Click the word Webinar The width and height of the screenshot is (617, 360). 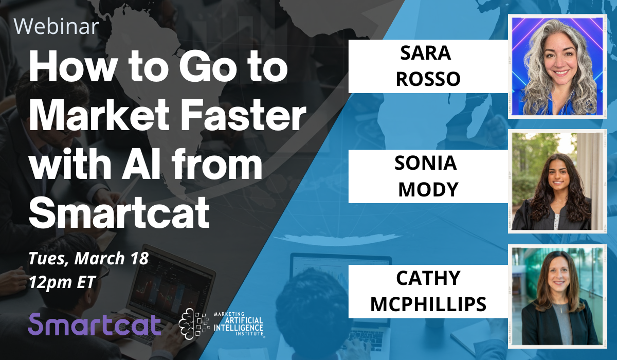[x=57, y=26]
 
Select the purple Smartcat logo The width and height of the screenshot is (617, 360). [x=94, y=324]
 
